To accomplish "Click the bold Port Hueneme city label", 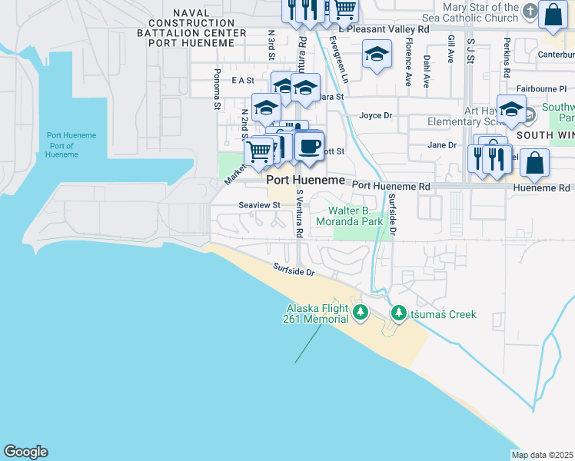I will (x=305, y=179).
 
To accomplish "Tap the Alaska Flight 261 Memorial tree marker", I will (x=361, y=312).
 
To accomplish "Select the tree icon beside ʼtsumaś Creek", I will (x=399, y=313).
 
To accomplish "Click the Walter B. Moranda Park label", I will (x=356, y=216).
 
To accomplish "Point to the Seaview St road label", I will (x=259, y=205).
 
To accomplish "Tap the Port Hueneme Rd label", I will (x=391, y=186).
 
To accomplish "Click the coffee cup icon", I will (x=309, y=146).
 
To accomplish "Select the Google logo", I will (x=25, y=452).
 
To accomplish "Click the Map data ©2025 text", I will (x=543, y=455).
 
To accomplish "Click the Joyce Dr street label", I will (x=376, y=116).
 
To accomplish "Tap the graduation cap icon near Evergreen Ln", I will (x=376, y=55).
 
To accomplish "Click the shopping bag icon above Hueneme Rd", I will (x=534, y=163).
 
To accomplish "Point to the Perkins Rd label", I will (x=507, y=58).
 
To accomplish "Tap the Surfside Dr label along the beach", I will (x=294, y=271).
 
